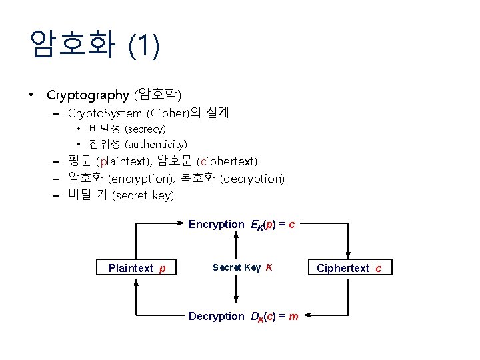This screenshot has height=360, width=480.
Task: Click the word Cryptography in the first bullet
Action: [x=87, y=95]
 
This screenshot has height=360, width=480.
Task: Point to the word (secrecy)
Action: [x=145, y=129]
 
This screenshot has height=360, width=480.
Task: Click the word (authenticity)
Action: [x=156, y=144]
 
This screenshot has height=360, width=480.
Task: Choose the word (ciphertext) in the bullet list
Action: [x=227, y=161]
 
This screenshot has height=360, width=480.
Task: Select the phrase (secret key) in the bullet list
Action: [x=143, y=196]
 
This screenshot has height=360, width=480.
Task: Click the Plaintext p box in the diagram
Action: [x=136, y=268]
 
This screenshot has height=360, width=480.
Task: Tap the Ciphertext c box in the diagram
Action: [x=349, y=268]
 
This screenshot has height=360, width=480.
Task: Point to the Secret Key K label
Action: [x=242, y=267]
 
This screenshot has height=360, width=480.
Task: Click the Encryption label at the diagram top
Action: [x=216, y=225]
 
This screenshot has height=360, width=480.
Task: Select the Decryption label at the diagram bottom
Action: [x=216, y=316]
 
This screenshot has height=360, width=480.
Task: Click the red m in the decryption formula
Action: [x=293, y=316]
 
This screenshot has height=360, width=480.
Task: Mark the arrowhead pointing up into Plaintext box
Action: [x=136, y=281]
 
